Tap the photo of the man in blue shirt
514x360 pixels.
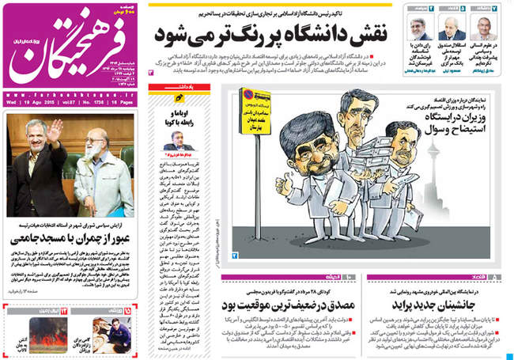click(x=102, y=331)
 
